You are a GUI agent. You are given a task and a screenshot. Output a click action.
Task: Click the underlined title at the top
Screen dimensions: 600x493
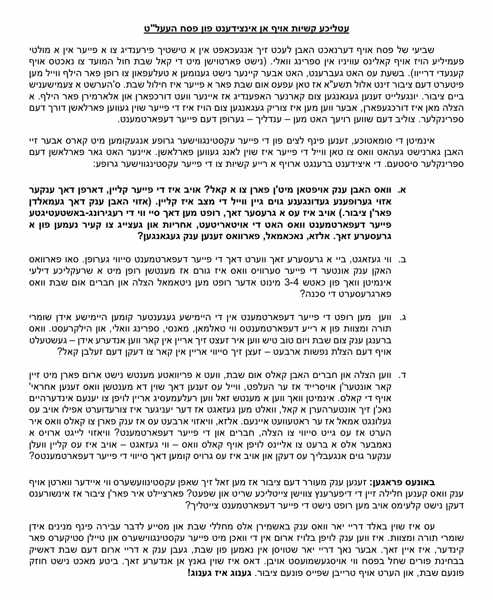click(x=246, y=28)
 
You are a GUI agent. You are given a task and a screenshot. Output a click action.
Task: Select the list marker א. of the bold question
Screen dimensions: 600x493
click(x=401, y=190)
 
